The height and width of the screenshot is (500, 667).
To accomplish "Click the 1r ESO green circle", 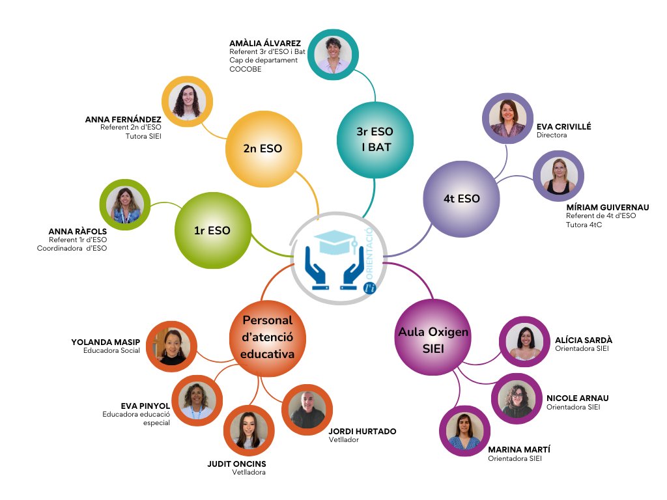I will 212,230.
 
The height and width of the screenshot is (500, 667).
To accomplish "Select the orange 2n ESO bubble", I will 263,148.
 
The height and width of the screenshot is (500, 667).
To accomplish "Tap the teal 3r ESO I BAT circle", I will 375,139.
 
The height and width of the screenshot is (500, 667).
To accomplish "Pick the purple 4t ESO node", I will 461,199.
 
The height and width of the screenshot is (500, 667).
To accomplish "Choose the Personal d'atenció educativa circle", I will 267,337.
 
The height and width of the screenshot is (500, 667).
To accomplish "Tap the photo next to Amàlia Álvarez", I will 333,55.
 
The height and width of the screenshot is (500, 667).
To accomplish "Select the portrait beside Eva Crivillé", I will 507,118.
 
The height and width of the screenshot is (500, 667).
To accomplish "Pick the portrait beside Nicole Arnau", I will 517,399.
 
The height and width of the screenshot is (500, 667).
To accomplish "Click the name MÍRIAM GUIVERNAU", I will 607,208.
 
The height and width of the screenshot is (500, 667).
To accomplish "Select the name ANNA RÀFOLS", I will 78,231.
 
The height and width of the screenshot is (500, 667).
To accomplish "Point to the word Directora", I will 552,135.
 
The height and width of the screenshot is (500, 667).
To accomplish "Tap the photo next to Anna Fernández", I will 188,102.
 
